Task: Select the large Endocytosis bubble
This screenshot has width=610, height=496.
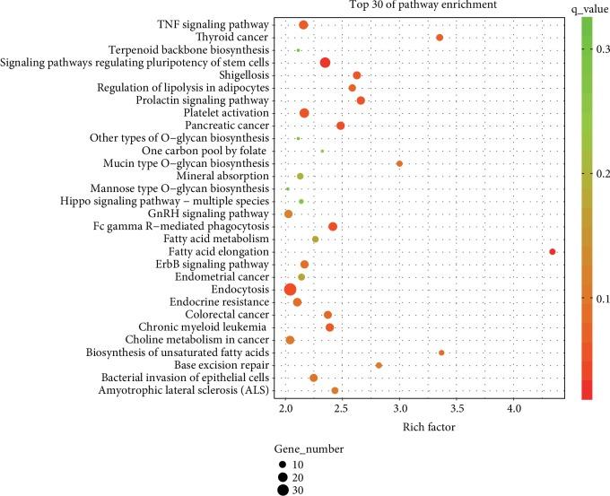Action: [290, 289]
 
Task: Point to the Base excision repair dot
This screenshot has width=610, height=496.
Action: [379, 365]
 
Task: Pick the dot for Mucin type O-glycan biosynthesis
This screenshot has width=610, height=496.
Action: [399, 164]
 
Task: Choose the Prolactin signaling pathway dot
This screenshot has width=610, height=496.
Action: [361, 100]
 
